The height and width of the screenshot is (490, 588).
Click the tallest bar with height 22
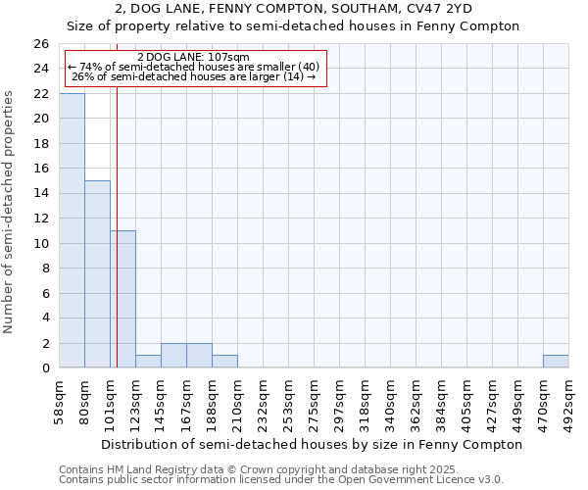[x=72, y=230]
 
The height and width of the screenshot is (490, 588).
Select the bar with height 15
[x=97, y=274]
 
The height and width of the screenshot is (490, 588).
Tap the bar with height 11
[x=122, y=299]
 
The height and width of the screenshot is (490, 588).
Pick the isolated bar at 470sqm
[x=556, y=362]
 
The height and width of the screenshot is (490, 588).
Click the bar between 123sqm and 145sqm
[x=148, y=362]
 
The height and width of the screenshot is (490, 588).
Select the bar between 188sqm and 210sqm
[x=224, y=362]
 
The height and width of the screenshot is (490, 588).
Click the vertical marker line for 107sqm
[x=117, y=225]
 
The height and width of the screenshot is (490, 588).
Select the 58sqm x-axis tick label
[x=60, y=402]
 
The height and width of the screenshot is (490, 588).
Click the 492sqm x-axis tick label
[x=569, y=402]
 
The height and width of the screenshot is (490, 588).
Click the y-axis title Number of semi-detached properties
[x=10, y=212]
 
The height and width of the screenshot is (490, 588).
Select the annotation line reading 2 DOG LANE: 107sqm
[x=194, y=57]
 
